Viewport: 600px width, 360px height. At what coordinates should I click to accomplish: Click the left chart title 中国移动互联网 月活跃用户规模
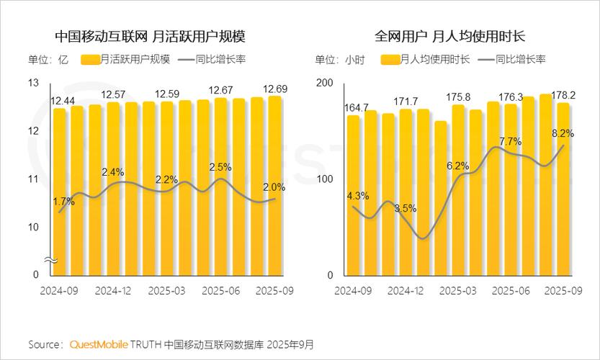(155, 35)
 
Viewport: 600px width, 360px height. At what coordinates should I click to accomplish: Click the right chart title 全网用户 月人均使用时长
(449, 35)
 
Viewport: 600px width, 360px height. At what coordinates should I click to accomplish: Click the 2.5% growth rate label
(220, 167)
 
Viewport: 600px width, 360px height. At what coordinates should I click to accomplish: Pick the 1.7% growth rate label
(63, 202)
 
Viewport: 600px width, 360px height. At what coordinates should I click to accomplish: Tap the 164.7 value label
(357, 108)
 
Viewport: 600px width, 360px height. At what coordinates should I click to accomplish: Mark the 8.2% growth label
(563, 133)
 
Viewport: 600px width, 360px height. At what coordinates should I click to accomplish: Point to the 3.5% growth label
(406, 208)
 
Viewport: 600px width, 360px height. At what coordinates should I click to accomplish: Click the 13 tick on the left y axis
(33, 83)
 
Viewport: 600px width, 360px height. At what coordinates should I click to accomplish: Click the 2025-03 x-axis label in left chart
(166, 290)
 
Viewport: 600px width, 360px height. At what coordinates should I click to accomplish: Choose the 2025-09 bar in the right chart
(563, 189)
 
